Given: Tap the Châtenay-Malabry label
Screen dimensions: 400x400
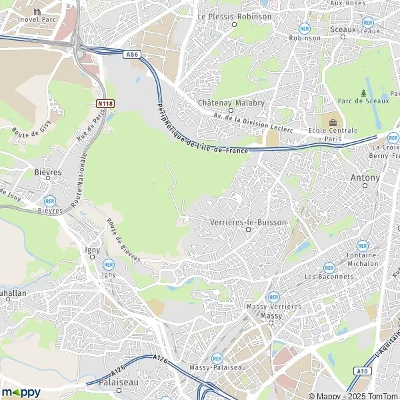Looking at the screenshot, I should pos(231,103).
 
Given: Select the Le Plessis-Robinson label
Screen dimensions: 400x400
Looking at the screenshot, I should pos(235,16).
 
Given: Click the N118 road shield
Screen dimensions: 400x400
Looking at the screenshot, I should pos(105,103).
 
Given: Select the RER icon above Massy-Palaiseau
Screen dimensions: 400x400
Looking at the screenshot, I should pos(217,359).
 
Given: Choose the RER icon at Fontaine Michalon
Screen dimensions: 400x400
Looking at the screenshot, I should pos(362,245).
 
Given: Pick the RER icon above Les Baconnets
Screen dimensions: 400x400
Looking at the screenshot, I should pos(329,267).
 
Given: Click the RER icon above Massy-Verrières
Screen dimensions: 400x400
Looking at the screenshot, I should pos(273,297).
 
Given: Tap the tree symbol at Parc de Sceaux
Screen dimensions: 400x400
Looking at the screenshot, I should pos(363,93).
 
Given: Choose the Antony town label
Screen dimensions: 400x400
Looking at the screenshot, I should pos(365,178).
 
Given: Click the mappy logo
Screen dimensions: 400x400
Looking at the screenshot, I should pos(21,392).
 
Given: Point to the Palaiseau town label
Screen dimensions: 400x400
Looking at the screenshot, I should pos(117,383).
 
